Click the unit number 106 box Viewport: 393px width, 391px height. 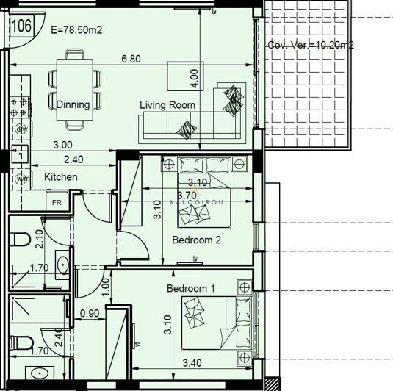tap(21, 26)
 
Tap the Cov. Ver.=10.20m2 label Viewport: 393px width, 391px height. tap(311, 45)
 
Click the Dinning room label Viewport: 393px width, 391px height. tap(73, 104)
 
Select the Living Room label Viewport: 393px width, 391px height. tap(167, 105)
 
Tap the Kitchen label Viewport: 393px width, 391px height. tap(61, 177)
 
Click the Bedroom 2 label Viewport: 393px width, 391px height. tap(196, 240)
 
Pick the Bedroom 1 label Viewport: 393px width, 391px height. tap(190, 288)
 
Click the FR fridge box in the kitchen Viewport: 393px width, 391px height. tap(57, 202)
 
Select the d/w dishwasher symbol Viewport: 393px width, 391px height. tap(21, 130)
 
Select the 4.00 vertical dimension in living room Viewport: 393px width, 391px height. tap(195, 75)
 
